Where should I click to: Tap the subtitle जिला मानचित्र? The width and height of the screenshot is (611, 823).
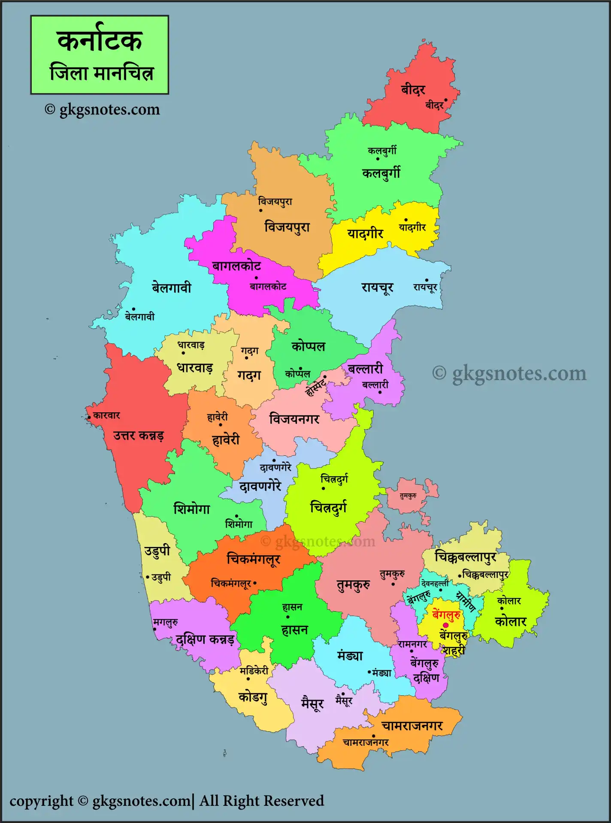[x=101, y=72]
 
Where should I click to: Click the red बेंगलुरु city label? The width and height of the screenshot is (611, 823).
[x=447, y=615]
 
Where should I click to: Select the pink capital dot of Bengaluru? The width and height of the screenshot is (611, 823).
[x=446, y=625]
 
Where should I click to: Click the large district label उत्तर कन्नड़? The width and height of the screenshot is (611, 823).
[x=138, y=436]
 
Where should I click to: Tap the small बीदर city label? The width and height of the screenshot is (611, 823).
[x=434, y=105]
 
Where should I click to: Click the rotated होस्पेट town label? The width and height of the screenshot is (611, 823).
[x=315, y=387]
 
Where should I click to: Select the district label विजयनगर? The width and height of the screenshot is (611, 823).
[x=294, y=419]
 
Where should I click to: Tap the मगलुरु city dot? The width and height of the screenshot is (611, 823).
[x=154, y=629]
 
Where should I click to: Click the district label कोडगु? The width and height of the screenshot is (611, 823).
[x=253, y=697]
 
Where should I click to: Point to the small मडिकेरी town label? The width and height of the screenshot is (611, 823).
[x=254, y=671]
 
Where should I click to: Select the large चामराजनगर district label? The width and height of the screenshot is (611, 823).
[x=412, y=726]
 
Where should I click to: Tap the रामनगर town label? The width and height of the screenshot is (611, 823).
[x=412, y=644]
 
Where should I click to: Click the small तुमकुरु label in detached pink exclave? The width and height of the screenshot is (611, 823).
[x=408, y=496]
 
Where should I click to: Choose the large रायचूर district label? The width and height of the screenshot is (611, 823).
[x=377, y=288]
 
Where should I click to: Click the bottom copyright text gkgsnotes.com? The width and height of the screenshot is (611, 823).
[x=142, y=801]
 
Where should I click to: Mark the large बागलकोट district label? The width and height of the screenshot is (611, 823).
[x=236, y=266]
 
